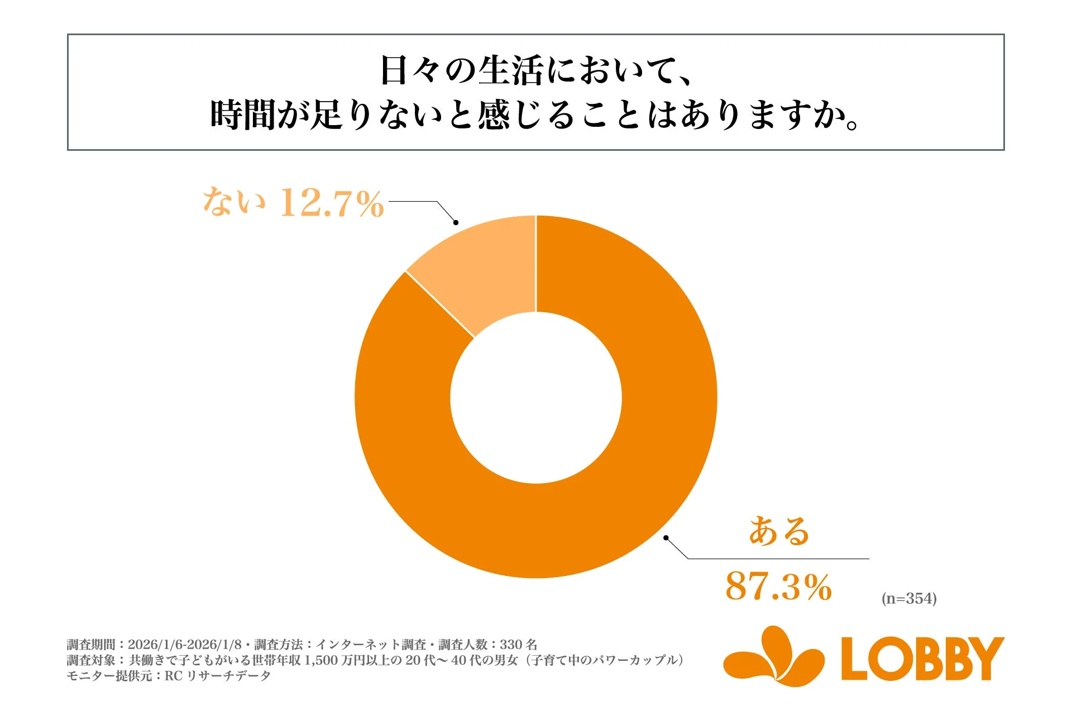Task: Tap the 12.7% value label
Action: (332, 202)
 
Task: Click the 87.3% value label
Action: (778, 587)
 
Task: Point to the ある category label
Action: (778, 531)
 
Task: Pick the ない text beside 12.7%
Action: (233, 201)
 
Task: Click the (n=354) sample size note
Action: (909, 598)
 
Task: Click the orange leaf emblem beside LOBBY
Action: (773, 657)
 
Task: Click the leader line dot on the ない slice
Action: (456, 222)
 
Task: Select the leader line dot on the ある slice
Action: (666, 537)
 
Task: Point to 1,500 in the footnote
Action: (321, 660)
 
